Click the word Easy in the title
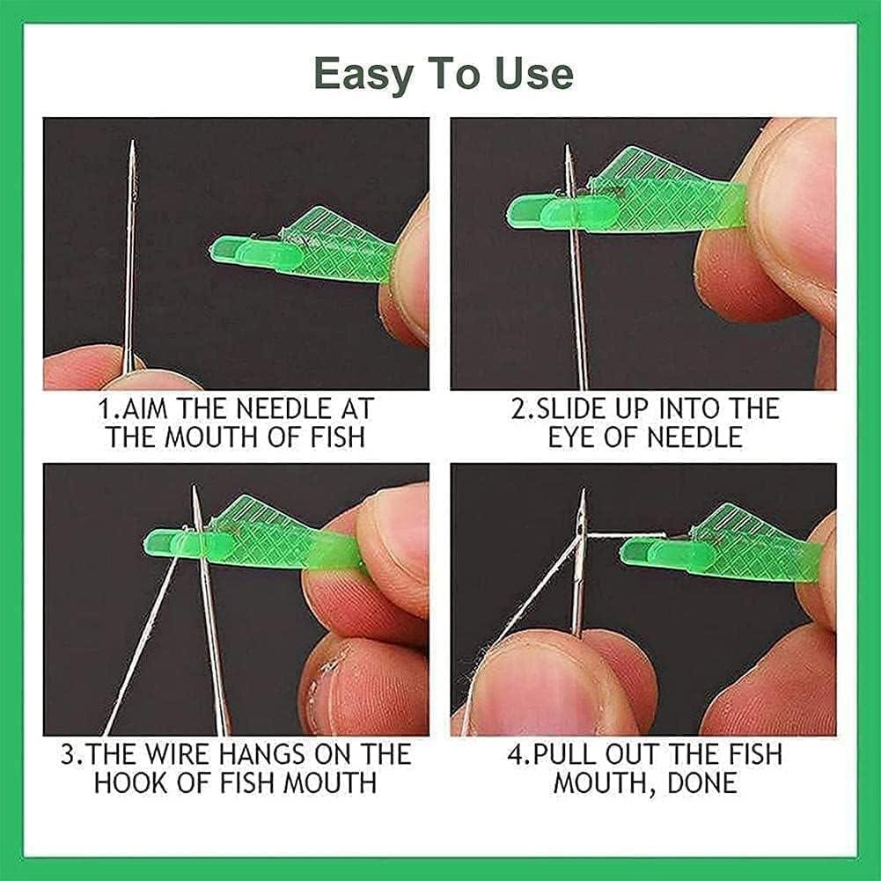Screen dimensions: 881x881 (363, 75)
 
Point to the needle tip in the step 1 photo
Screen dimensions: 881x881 (133, 141)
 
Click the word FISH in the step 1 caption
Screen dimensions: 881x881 (338, 437)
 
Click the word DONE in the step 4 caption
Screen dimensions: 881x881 (702, 782)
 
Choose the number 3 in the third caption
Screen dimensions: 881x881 (68, 754)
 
